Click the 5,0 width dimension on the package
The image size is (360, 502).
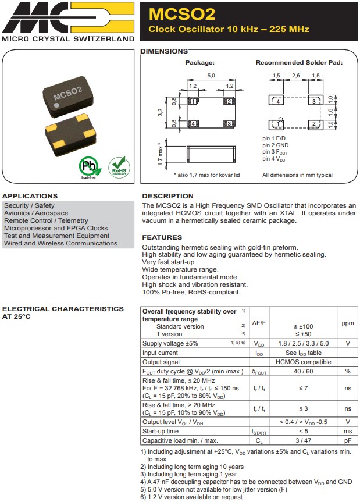211,76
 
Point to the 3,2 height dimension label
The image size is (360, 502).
161,112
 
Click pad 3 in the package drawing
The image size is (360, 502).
229,123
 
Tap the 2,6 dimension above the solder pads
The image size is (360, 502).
297,76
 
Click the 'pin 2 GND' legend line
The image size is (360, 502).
275,145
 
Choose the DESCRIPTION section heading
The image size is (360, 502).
167,196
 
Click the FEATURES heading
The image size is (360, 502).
162,237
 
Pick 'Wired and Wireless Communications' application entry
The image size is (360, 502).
60,243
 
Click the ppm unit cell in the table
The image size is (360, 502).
347,323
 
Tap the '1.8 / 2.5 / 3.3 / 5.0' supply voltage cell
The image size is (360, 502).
304,344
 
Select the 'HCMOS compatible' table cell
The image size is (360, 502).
304,362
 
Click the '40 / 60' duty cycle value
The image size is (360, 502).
304,371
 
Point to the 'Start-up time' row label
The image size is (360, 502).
161,431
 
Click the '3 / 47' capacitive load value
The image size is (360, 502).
304,440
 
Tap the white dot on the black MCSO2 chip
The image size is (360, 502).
56,106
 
